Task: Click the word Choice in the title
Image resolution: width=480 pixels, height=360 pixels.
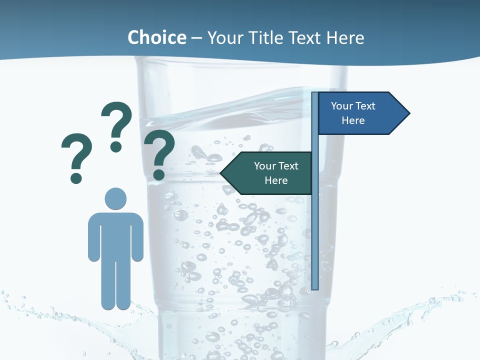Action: click(156, 37)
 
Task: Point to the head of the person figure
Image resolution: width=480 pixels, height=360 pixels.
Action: click(115, 198)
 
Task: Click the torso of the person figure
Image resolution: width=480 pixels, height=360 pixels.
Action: click(115, 235)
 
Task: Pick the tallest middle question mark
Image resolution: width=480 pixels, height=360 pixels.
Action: click(116, 120)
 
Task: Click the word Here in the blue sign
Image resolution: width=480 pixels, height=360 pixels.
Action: click(353, 120)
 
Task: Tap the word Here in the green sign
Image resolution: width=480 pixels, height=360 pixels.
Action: click(276, 180)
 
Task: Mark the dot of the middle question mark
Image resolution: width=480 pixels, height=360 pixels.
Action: click(116, 146)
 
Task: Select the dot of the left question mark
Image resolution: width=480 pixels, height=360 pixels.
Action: click(76, 177)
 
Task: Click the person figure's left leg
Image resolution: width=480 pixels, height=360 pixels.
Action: click(108, 285)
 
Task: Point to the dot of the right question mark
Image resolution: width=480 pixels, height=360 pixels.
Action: click(158, 174)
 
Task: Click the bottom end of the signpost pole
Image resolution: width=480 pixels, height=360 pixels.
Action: click(315, 287)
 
